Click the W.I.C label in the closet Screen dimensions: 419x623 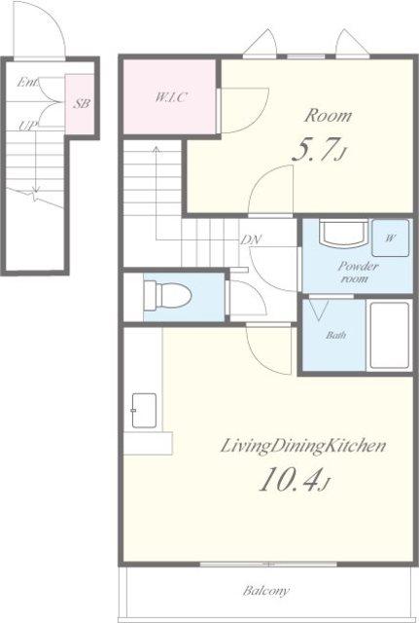tap(170, 97)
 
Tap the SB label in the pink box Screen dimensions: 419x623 tap(82, 104)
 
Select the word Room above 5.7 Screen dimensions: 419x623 tap(328, 116)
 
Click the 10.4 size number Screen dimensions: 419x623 tap(295, 480)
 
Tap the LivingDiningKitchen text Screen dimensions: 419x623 tap(303, 446)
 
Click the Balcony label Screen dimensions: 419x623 tap(266, 591)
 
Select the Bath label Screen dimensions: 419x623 tap(336, 335)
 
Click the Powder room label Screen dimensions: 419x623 tap(359, 273)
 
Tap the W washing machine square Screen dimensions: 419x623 tap(391, 238)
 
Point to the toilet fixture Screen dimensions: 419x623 tap(168, 296)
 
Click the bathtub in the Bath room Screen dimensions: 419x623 tap(389, 336)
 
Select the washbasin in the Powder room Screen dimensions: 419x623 tap(343, 235)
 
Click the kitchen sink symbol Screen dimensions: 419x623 tap(144, 411)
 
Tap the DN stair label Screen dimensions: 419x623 tap(252, 239)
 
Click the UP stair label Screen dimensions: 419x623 tap(28, 126)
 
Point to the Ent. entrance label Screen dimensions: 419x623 tap(28, 83)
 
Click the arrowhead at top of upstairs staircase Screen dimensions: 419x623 tap(157, 149)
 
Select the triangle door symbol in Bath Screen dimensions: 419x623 tap(319, 311)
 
